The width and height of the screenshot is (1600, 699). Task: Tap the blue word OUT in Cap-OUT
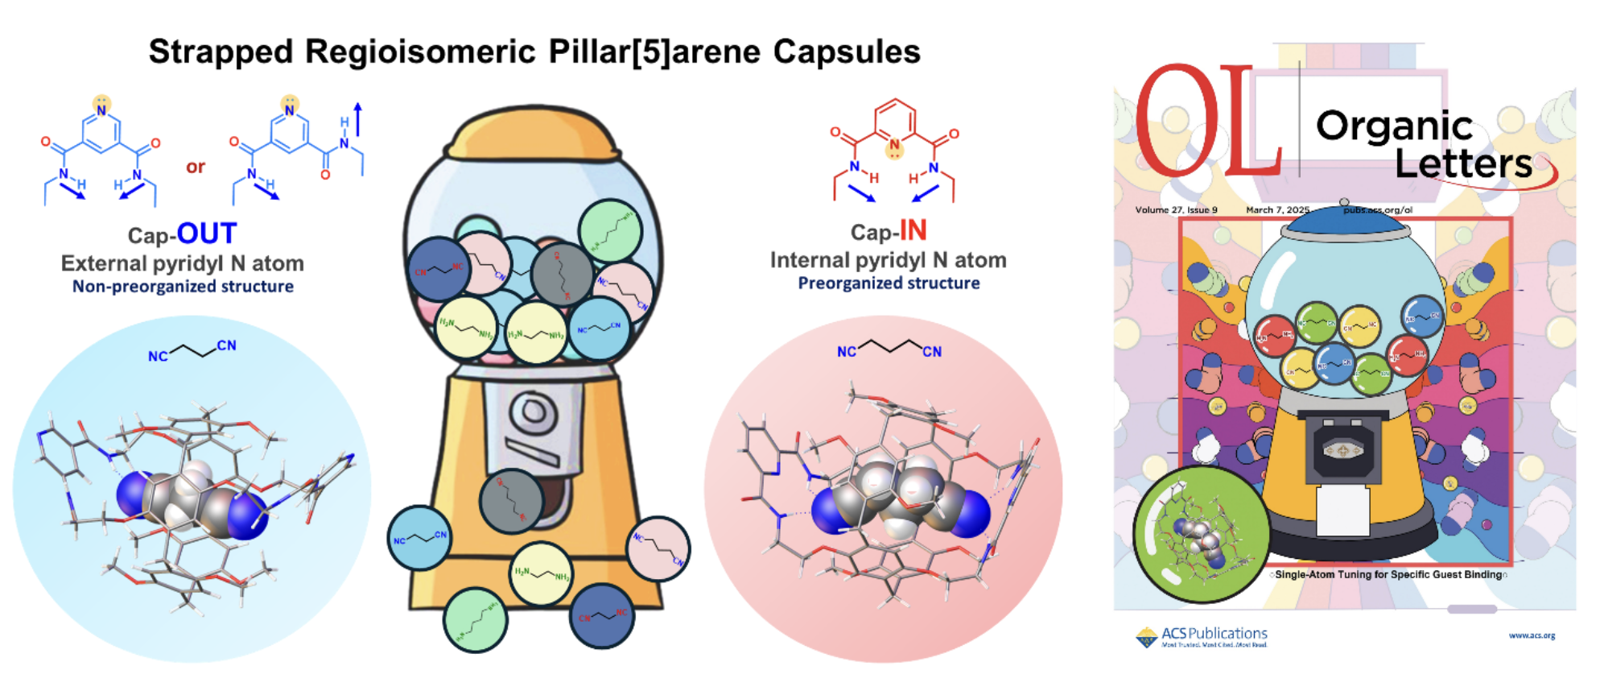click(207, 234)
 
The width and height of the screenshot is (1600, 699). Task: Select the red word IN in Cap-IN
click(913, 231)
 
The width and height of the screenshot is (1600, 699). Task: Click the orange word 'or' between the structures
click(196, 168)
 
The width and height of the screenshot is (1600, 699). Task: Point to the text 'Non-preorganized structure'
click(183, 287)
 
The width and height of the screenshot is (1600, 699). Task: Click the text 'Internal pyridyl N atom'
click(888, 260)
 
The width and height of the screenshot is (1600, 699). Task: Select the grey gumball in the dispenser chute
click(511, 501)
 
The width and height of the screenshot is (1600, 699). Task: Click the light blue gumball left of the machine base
click(419, 538)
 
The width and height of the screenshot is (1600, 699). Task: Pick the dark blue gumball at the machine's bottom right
click(602, 616)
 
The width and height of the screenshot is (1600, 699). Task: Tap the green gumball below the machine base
click(475, 619)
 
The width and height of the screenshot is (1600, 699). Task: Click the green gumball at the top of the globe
click(610, 231)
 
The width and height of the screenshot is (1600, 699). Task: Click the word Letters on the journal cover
click(1462, 163)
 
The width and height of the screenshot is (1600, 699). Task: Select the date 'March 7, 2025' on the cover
click(1277, 210)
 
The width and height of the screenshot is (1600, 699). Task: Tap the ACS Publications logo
click(1202, 637)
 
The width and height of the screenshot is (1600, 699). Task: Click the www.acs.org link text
click(1532, 635)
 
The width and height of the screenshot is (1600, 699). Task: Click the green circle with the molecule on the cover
click(1200, 533)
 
